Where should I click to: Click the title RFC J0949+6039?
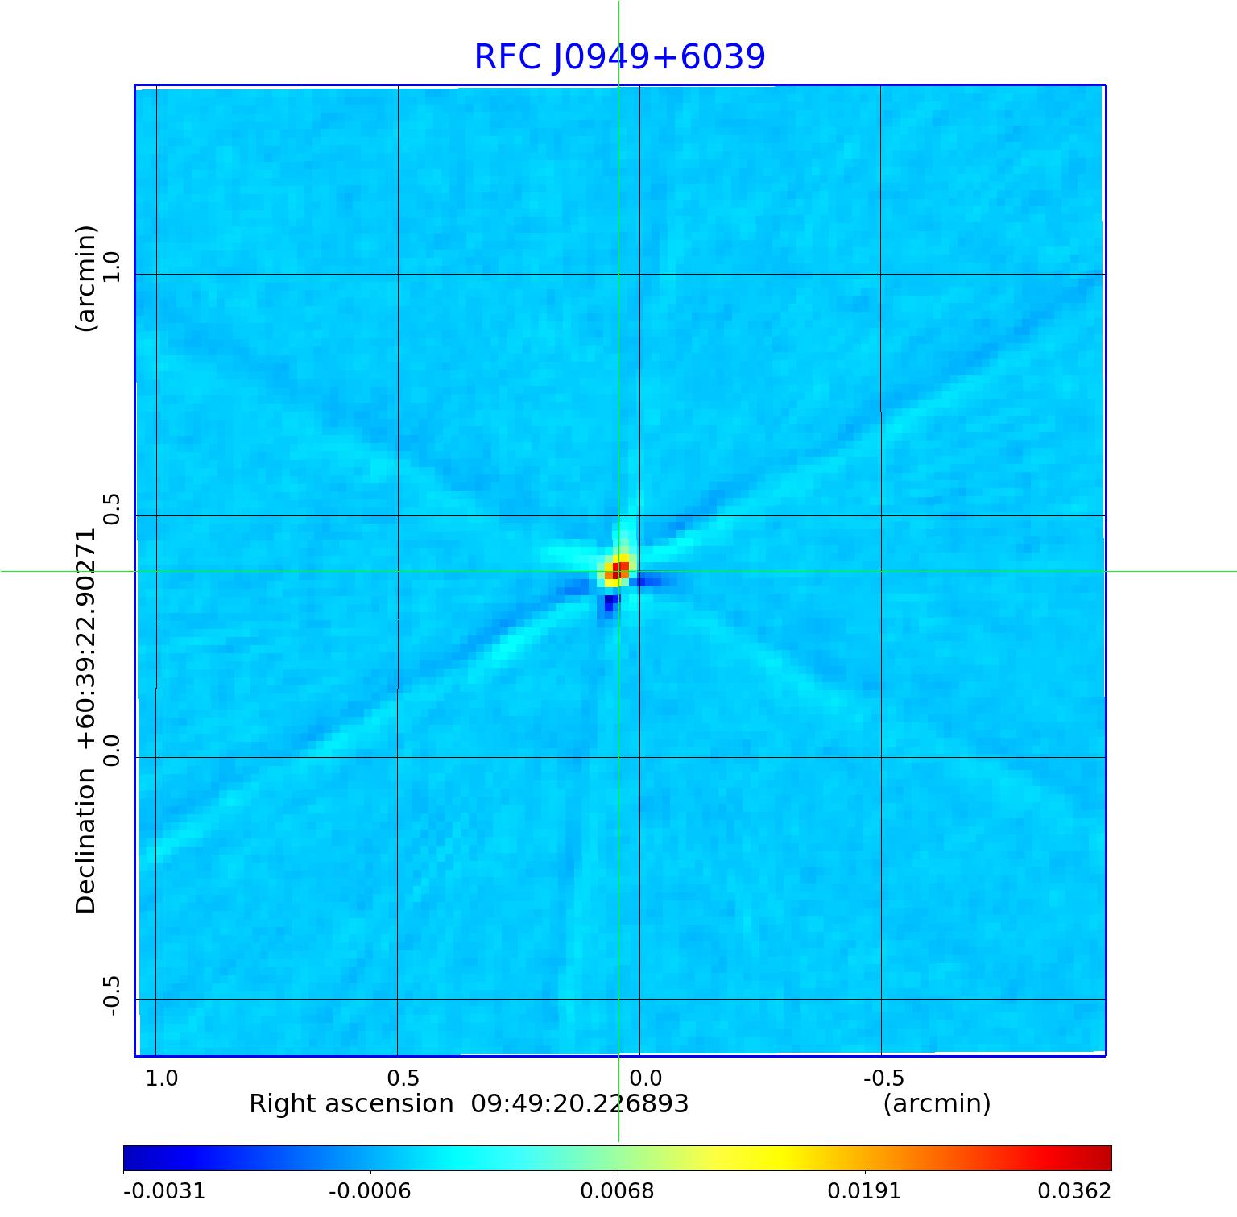[x=619, y=57]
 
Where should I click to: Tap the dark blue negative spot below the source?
[x=610, y=602]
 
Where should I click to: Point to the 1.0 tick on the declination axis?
[x=111, y=267]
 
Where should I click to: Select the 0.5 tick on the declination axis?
[x=111, y=508]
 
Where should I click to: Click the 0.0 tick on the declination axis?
[x=111, y=750]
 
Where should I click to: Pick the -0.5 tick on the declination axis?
[x=111, y=996]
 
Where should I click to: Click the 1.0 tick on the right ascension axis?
[x=162, y=1078]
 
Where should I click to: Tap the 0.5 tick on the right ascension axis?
[x=403, y=1078]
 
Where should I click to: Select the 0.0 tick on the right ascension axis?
[x=645, y=1078]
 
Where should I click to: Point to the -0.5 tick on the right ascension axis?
[x=883, y=1078]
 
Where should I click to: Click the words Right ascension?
[x=351, y=1103]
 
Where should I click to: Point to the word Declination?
[x=85, y=841]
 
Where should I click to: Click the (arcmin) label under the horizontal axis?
[x=937, y=1103]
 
